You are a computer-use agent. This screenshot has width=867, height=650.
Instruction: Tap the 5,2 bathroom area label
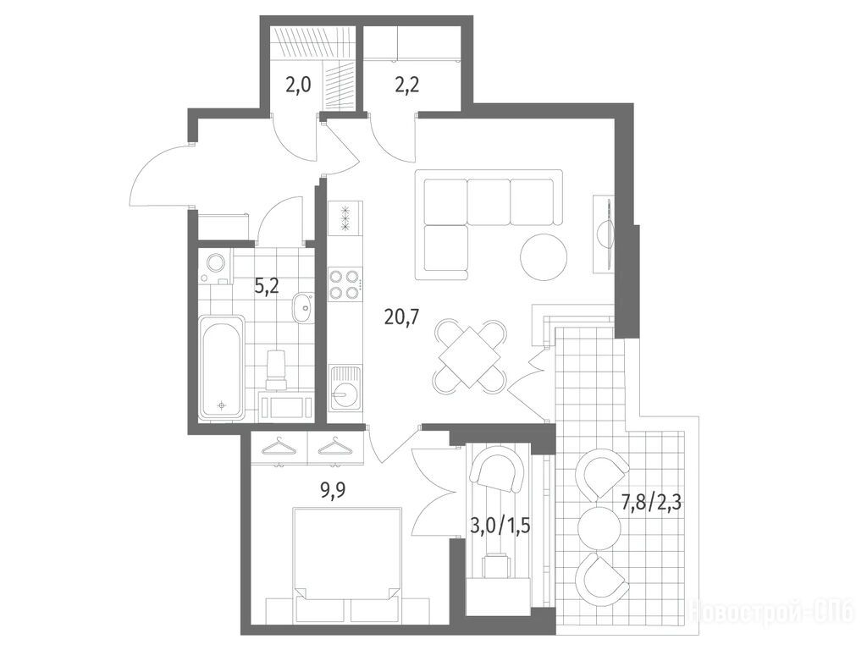[x=267, y=286]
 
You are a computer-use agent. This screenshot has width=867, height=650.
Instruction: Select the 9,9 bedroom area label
[x=333, y=490]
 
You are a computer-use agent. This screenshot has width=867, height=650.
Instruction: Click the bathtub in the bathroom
[x=221, y=366]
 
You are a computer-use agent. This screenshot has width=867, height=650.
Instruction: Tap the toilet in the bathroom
[x=276, y=367]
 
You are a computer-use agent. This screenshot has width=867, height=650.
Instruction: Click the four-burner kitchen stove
[x=345, y=284]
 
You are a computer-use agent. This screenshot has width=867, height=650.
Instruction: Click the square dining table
[x=469, y=357]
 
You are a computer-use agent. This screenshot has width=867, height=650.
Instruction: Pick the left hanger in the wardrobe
[x=279, y=447]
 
